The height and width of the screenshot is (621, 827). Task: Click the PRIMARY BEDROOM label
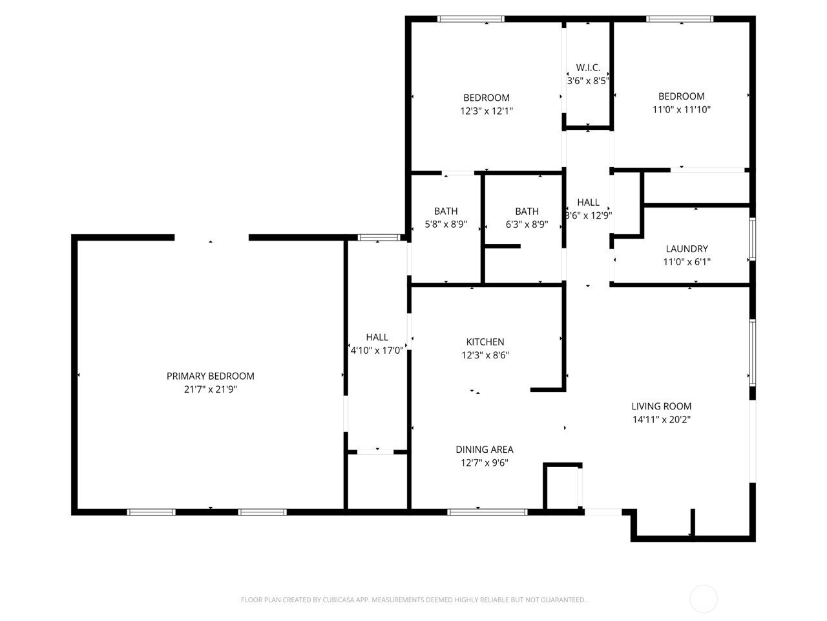pyautogui.click(x=210, y=376)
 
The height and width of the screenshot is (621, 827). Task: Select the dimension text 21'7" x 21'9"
pyautogui.click(x=210, y=389)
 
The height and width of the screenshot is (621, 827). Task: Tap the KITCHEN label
pyautogui.click(x=485, y=342)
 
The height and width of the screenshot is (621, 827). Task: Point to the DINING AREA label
pyautogui.click(x=484, y=450)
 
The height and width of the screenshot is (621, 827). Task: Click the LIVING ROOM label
pyautogui.click(x=661, y=406)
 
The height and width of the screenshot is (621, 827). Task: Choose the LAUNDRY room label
pyautogui.click(x=686, y=249)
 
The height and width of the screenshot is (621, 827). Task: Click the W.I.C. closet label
pyautogui.click(x=588, y=67)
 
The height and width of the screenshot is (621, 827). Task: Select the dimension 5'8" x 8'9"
pyautogui.click(x=446, y=224)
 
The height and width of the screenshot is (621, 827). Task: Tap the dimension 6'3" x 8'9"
pyautogui.click(x=527, y=224)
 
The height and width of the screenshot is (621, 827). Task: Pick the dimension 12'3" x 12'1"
pyautogui.click(x=487, y=111)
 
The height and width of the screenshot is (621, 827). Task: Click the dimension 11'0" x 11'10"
pyautogui.click(x=681, y=109)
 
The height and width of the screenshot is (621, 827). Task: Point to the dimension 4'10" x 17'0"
pyautogui.click(x=377, y=350)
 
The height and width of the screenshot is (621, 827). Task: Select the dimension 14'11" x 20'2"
pyautogui.click(x=661, y=419)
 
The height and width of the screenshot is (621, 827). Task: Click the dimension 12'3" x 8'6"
pyautogui.click(x=485, y=354)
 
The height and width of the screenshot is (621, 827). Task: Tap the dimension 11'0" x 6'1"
pyautogui.click(x=686, y=262)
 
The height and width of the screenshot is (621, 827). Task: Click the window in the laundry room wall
pyautogui.click(x=752, y=239)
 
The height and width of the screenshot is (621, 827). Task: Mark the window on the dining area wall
pyautogui.click(x=487, y=512)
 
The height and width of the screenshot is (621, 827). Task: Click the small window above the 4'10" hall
pyautogui.click(x=378, y=237)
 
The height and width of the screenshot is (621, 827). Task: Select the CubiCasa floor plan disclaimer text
pyautogui.click(x=413, y=600)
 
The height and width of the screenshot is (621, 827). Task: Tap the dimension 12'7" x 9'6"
pyautogui.click(x=484, y=463)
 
